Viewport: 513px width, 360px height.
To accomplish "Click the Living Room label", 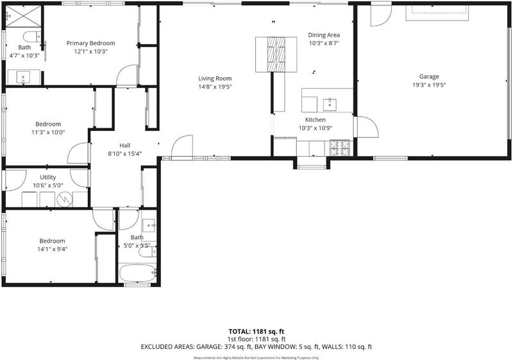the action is [x=215, y=78].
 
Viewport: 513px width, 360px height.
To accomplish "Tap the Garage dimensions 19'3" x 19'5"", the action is [x=429, y=85].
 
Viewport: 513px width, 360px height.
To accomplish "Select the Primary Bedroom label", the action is [x=90, y=43].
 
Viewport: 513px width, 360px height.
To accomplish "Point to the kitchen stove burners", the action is [x=340, y=148].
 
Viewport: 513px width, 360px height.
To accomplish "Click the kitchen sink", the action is [x=330, y=105].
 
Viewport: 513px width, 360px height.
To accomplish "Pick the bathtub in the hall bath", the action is [x=137, y=273].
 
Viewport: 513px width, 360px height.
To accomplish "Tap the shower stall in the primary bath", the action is [x=24, y=17].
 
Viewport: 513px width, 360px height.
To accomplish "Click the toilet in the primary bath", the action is [x=31, y=37].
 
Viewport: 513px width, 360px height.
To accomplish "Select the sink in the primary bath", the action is [x=23, y=77].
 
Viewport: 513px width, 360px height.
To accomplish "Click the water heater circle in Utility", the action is [x=65, y=200].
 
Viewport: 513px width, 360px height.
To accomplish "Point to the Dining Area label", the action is [x=324, y=35].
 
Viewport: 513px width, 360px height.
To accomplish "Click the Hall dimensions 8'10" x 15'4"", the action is [x=124, y=154].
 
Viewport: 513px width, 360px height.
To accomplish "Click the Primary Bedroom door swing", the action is [x=127, y=76].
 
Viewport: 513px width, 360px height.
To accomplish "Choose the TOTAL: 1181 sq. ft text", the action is [x=256, y=332].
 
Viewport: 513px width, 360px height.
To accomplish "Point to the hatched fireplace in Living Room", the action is [x=276, y=54].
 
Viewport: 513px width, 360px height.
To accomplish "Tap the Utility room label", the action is [x=47, y=177].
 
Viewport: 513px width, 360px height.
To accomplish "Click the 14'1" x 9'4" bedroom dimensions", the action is [x=53, y=249].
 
